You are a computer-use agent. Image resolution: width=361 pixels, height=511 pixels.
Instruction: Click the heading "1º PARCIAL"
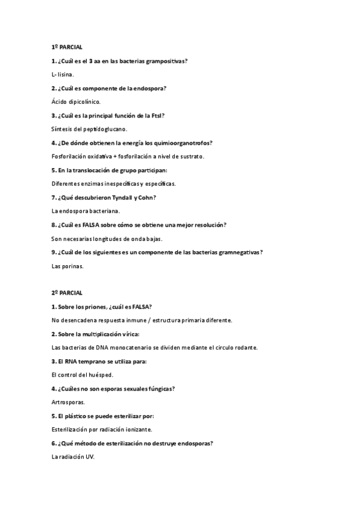click(67, 46)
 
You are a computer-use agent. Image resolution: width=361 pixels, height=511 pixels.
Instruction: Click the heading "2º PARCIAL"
click(67, 293)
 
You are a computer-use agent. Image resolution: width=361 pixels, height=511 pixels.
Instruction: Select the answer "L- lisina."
click(63, 74)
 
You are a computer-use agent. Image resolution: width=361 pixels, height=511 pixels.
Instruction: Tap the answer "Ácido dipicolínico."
click(77, 102)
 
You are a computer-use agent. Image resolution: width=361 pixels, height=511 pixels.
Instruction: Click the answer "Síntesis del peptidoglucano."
click(90, 129)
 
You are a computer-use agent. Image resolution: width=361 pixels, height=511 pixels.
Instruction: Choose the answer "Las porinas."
click(68, 266)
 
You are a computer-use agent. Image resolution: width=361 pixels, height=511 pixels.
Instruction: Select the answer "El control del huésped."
click(83, 375)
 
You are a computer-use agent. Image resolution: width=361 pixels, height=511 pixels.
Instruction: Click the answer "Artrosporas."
click(69, 402)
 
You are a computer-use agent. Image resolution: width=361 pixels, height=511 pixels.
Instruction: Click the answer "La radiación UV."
click(74, 457)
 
